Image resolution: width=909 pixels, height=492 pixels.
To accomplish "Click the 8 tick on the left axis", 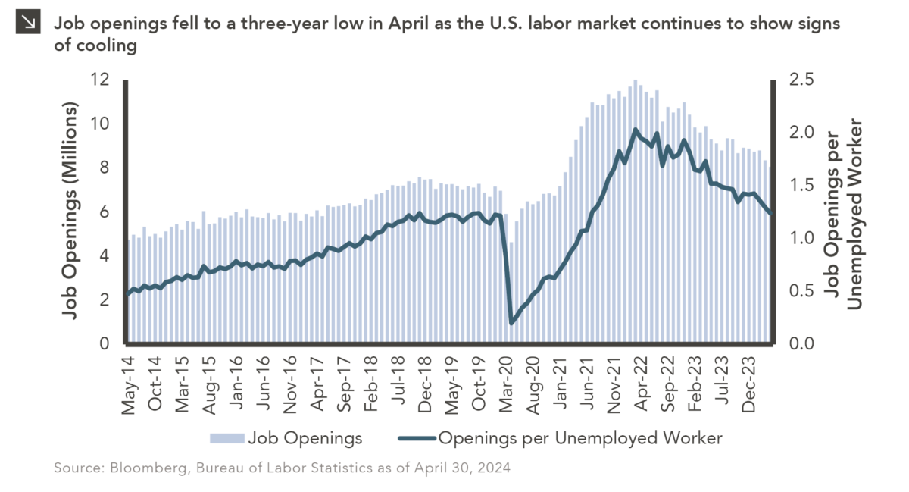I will (104, 168).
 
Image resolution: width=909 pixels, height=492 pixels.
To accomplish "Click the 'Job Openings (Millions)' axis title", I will (70, 212).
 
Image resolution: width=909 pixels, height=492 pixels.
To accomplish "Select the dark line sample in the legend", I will (414, 438).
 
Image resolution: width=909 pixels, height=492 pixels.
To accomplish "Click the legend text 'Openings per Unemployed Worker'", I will (581, 438).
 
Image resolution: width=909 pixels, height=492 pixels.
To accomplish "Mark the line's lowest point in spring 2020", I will (511, 323).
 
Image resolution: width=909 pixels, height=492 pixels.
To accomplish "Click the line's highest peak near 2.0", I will (635, 130).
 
